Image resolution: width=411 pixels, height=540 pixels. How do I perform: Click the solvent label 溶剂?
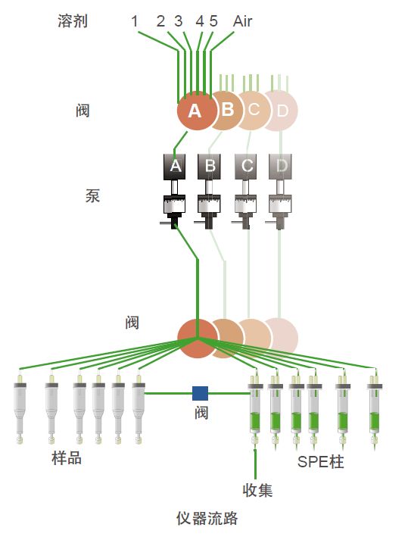point(73,20)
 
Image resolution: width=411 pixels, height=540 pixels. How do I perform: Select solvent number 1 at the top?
point(135,21)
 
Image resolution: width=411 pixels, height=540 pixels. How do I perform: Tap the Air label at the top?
point(242,21)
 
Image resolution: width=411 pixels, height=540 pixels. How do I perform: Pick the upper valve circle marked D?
point(282,111)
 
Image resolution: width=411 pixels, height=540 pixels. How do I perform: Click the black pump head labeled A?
point(175,167)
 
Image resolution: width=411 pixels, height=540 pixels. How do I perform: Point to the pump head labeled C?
point(246,167)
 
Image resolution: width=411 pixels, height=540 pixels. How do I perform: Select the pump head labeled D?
point(280,167)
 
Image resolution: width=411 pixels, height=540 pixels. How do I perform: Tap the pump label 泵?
point(92,196)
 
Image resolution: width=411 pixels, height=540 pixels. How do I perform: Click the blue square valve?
point(200,393)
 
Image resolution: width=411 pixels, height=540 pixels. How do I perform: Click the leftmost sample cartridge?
point(20,409)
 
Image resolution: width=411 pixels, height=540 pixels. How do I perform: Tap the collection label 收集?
point(257,490)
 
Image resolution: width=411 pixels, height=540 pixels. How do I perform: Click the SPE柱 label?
point(320,461)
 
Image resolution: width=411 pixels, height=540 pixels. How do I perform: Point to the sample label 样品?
point(67,458)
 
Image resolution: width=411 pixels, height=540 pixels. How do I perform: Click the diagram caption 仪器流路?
point(207,518)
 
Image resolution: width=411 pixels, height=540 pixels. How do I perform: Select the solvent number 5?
point(213,21)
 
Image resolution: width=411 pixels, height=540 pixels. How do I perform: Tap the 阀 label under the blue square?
point(201,412)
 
